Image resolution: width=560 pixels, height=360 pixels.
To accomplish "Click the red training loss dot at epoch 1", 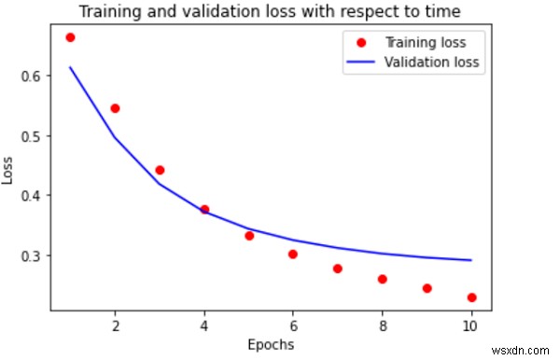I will (70, 37).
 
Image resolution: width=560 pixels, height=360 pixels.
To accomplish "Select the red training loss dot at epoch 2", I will (115, 108).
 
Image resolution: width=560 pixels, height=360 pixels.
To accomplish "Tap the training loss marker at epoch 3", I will (160, 170).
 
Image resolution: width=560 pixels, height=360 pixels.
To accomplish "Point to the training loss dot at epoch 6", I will (293, 254).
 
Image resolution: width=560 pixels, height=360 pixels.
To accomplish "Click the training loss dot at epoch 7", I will (338, 269).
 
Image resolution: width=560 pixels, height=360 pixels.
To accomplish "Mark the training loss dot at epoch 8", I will (383, 279).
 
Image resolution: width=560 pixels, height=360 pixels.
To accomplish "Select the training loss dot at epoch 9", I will (427, 288).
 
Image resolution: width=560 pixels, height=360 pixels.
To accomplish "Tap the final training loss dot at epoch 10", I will (472, 298).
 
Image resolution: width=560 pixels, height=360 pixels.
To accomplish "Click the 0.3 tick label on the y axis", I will (42, 256).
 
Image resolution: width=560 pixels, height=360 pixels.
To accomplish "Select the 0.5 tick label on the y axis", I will (42, 136).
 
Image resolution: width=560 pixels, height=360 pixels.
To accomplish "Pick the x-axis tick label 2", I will (115, 327).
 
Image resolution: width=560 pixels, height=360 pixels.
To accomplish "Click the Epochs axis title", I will (271, 345).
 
